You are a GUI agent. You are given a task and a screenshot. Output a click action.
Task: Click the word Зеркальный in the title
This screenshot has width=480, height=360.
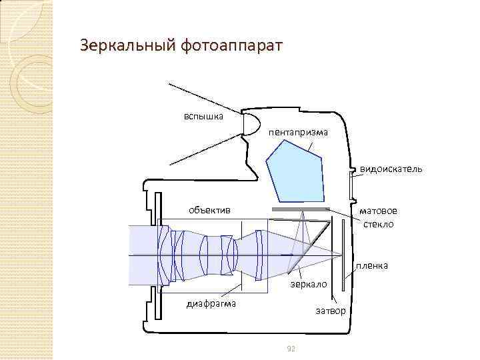coord(124,46)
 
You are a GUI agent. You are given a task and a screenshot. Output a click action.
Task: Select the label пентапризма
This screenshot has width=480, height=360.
coord(298,132)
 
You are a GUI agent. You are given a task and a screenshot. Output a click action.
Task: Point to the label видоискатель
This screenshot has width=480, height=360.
coord(391,169)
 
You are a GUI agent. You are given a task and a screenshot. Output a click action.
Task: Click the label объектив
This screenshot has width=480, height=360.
coord(209,210)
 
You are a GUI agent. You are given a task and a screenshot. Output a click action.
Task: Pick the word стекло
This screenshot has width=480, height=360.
coord(378,223)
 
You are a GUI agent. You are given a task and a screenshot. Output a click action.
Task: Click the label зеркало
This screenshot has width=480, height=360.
coord(307,284)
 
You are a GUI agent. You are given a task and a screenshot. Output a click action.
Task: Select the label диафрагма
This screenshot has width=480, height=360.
coord(209,305)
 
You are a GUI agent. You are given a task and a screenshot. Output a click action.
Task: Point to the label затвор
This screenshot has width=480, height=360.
coord(330,311)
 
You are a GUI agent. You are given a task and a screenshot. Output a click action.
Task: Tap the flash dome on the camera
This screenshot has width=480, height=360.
coord(250,125)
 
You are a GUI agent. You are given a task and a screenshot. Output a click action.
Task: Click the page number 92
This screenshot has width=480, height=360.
coord(290,349)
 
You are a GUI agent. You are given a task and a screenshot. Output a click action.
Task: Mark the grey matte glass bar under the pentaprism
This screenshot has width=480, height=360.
coord(300,209)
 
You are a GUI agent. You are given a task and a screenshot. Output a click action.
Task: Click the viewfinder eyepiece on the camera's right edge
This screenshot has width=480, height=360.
coord(351,183)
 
